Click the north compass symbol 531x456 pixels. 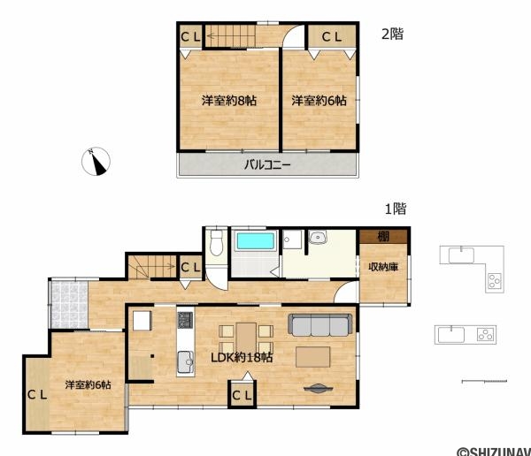[96, 162]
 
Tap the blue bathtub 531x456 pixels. [256, 241]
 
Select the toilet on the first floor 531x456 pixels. [216, 242]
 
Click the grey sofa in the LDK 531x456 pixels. [320, 324]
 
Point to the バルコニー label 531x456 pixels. [267, 165]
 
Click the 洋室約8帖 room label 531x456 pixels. [229, 101]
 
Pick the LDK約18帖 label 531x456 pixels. [242, 358]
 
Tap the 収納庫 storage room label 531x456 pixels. [383, 267]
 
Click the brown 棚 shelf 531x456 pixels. [383, 237]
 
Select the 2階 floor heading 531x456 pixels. [392, 34]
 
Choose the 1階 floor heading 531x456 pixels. [396, 209]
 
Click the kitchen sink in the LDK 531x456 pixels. [185, 361]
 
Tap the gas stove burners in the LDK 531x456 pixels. [185, 320]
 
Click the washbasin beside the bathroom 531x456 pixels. [318, 237]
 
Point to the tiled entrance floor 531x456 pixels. [69, 304]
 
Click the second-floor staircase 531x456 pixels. [230, 35]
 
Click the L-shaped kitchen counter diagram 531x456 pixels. [472, 269]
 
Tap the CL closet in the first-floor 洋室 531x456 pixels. [37, 394]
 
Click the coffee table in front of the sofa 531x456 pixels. [312, 356]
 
